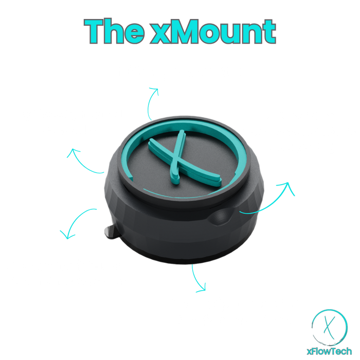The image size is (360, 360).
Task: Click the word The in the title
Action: [114, 31]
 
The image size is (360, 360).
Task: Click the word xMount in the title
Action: [213, 31]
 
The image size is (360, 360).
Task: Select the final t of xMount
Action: [268, 32]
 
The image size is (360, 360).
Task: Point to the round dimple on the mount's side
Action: [221, 217]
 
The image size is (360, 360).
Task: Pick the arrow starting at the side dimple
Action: [268, 202]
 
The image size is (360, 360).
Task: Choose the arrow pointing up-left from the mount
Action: [83, 163]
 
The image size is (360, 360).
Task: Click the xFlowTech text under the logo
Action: [329, 351]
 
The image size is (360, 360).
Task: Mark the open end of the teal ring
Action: [131, 178]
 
